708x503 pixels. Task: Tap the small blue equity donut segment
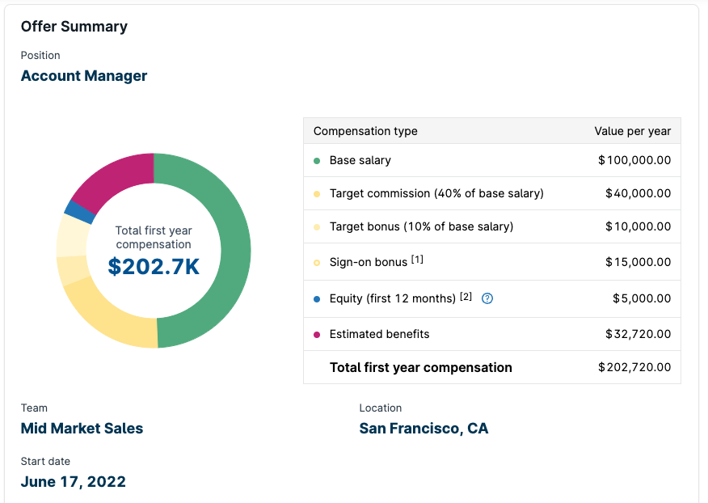click(78, 212)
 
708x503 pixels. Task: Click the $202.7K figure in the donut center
click(154, 267)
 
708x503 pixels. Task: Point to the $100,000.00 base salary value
click(634, 160)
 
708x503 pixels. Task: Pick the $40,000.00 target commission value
click(638, 193)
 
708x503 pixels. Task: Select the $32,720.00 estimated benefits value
click(638, 334)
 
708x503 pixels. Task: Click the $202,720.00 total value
click(634, 367)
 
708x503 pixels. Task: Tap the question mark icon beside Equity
click(487, 298)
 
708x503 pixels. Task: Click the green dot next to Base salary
click(317, 161)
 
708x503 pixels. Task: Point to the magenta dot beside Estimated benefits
click(317, 335)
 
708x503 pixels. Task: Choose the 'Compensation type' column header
click(365, 131)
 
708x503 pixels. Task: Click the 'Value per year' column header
click(632, 131)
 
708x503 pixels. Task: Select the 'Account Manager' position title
click(84, 76)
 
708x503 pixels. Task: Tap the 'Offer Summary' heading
click(74, 27)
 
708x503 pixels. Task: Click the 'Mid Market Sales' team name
click(82, 429)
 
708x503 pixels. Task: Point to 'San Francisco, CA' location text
click(424, 429)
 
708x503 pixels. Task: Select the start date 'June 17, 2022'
click(74, 482)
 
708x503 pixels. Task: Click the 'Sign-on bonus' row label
click(369, 262)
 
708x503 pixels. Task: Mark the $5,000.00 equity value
click(642, 298)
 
